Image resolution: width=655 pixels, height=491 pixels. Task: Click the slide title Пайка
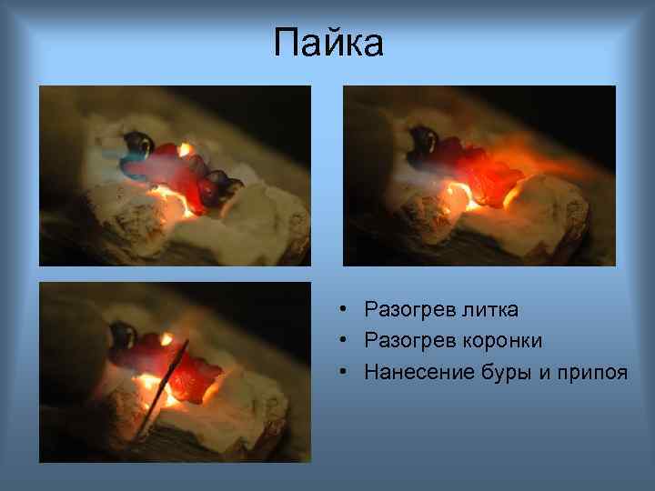[x=328, y=43]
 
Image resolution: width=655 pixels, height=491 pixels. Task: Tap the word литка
[x=488, y=310]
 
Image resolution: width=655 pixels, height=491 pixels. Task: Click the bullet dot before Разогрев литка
[x=338, y=310]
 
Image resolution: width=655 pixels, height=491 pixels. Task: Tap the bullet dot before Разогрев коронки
[x=338, y=341]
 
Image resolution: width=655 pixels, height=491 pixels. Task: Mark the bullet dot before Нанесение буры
[x=338, y=372]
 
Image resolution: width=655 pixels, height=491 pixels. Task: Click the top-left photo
[x=175, y=175]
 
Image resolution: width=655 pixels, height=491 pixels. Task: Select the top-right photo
[x=479, y=175]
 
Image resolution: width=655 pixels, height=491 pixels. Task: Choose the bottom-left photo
[x=175, y=373]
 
